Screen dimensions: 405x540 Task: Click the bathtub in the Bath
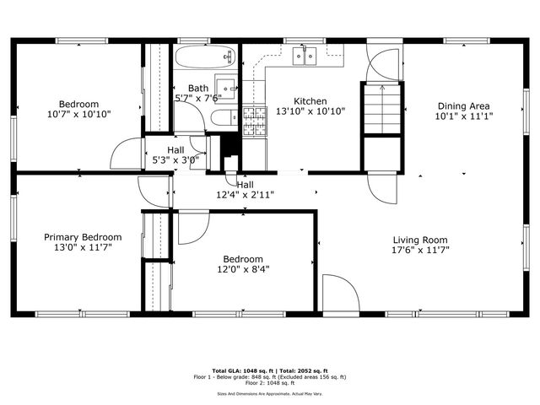click(x=204, y=57)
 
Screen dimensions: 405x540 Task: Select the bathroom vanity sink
click(x=225, y=87)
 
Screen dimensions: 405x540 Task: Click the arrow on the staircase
click(x=381, y=89)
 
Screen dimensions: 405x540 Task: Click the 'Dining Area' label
click(x=464, y=105)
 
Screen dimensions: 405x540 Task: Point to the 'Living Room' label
click(x=419, y=240)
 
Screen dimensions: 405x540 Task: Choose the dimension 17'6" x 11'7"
click(x=419, y=251)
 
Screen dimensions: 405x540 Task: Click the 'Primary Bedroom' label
click(x=83, y=237)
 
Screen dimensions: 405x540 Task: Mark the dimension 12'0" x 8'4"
click(x=242, y=270)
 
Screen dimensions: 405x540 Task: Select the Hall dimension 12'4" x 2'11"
click(x=245, y=195)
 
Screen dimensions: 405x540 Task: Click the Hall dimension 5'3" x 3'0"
click(x=175, y=159)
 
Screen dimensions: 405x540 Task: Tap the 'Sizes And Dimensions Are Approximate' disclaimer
click(x=270, y=393)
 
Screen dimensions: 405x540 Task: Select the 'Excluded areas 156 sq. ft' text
click(x=315, y=377)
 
